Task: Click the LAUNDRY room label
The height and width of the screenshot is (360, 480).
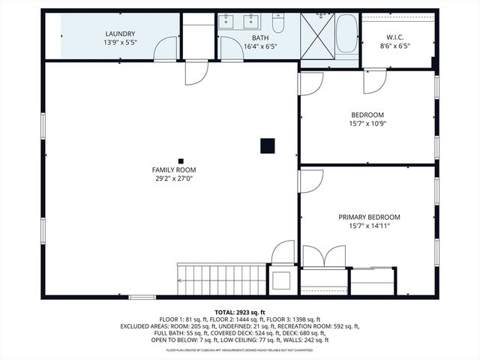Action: pyautogui.click(x=120, y=34)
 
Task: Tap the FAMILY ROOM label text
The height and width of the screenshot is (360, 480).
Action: pyautogui.click(x=174, y=170)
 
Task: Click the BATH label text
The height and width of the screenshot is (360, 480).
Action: pyautogui.click(x=260, y=37)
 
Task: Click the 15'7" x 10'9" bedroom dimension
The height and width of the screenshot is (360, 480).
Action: pyautogui.click(x=367, y=124)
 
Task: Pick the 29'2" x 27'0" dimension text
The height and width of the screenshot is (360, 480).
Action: pyautogui.click(x=174, y=179)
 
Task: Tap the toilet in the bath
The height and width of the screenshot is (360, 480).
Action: pyautogui.click(x=277, y=25)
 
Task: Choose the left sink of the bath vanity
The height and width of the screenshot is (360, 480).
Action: pyautogui.click(x=227, y=22)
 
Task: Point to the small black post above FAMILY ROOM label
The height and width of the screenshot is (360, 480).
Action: pyautogui.click(x=181, y=160)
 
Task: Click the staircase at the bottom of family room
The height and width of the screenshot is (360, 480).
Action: pyautogui.click(x=221, y=279)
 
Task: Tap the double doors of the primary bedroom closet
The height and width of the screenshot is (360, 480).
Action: pyautogui.click(x=324, y=256)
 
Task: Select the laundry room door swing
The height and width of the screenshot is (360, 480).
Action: pyautogui.click(x=165, y=49)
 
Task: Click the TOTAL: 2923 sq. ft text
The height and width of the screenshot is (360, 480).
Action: pyautogui.click(x=240, y=313)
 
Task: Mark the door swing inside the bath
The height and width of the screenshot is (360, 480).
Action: pyautogui.click(x=229, y=51)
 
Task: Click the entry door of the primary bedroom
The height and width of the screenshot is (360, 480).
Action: pyautogui.click(x=310, y=181)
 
